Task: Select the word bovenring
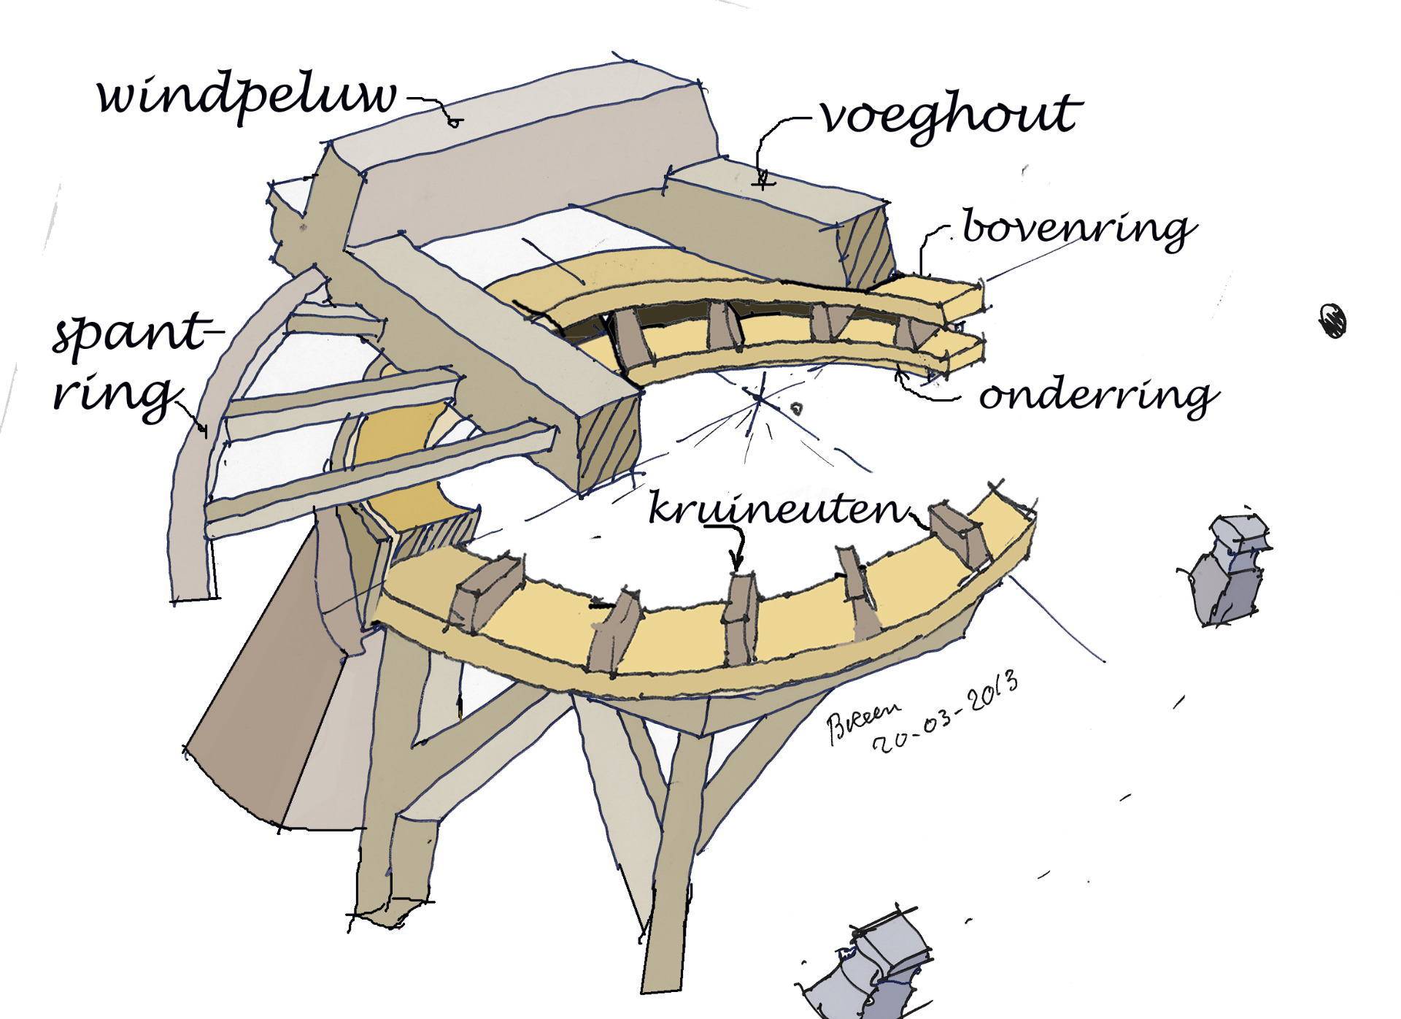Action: tap(1078, 228)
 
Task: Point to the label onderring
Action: tap(1097, 396)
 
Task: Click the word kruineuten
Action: tap(778, 509)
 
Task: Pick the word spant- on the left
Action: tap(135, 334)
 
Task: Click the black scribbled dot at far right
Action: tap(1333, 321)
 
